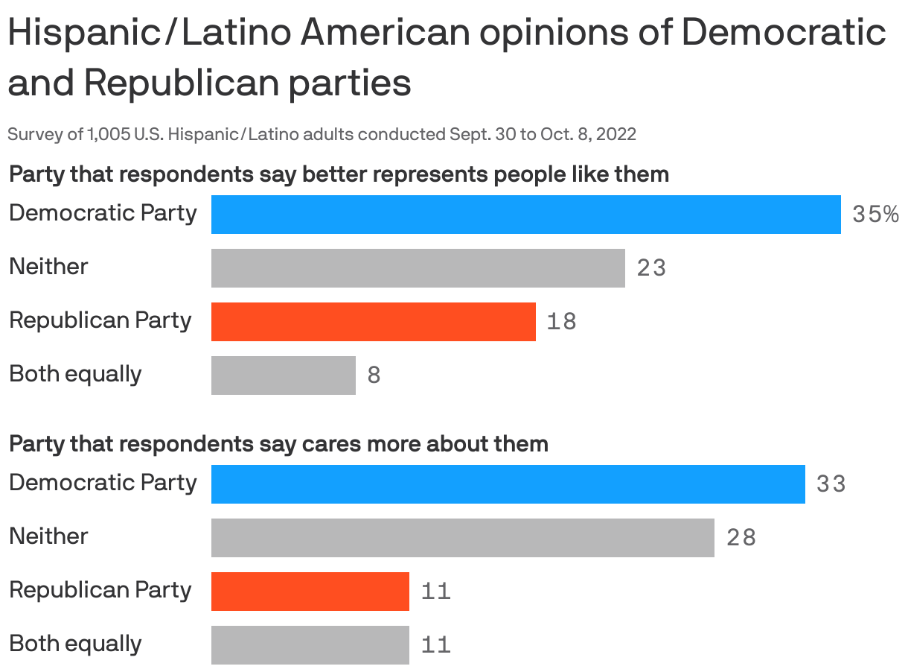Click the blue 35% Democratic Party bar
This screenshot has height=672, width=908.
[x=525, y=215]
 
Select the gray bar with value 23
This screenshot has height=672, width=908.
[x=418, y=268]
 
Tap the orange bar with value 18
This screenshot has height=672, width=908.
[x=373, y=322]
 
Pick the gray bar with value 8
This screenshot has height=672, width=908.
[x=283, y=375]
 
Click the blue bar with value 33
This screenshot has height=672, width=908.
[x=508, y=484]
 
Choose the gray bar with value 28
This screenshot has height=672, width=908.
[x=462, y=538]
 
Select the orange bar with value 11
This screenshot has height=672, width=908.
[x=310, y=592]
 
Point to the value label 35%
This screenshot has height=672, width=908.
[x=875, y=215]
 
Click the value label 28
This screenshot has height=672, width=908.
[x=741, y=538]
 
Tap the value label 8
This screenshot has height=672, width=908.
[x=374, y=375]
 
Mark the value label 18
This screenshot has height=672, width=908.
[x=561, y=322]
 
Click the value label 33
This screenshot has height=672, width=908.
[x=831, y=484]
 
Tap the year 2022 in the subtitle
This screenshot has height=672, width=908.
[x=616, y=134]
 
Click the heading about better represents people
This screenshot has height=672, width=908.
[x=339, y=174]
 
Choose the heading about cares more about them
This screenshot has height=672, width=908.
[x=278, y=444]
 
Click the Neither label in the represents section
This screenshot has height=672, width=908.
[x=48, y=267]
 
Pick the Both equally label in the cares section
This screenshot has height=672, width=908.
[x=75, y=644]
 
